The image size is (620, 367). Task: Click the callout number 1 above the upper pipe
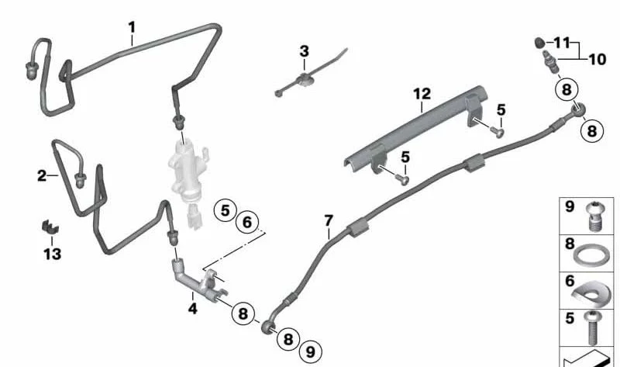(x=132, y=27)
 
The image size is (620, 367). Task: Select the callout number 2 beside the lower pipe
(x=42, y=175)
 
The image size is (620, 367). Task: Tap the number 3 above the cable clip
(x=304, y=51)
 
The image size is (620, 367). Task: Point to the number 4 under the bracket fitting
(x=192, y=308)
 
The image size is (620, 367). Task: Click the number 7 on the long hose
(x=329, y=220)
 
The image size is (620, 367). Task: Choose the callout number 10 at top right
(x=598, y=60)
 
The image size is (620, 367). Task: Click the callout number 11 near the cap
(x=562, y=43)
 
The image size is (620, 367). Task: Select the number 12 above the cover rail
(x=422, y=94)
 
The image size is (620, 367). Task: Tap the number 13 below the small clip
(x=53, y=254)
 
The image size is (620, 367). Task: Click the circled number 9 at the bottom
(x=311, y=351)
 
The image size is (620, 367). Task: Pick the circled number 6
(x=247, y=222)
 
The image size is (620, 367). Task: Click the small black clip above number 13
(x=50, y=227)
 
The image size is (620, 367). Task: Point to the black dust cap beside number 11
(x=539, y=42)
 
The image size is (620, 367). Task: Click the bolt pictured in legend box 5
(x=592, y=328)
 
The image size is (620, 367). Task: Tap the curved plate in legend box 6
(x=591, y=294)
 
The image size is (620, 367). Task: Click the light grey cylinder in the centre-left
(x=187, y=170)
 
